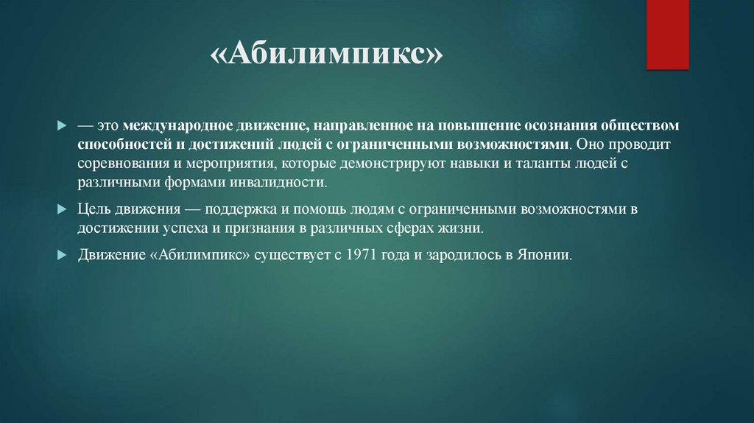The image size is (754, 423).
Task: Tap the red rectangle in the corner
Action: [667, 35]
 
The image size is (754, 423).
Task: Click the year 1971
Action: [350, 256]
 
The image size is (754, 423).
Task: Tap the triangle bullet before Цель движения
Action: [62, 209]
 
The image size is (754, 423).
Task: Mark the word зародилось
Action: [457, 256]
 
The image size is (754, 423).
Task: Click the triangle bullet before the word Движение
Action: [62, 256]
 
